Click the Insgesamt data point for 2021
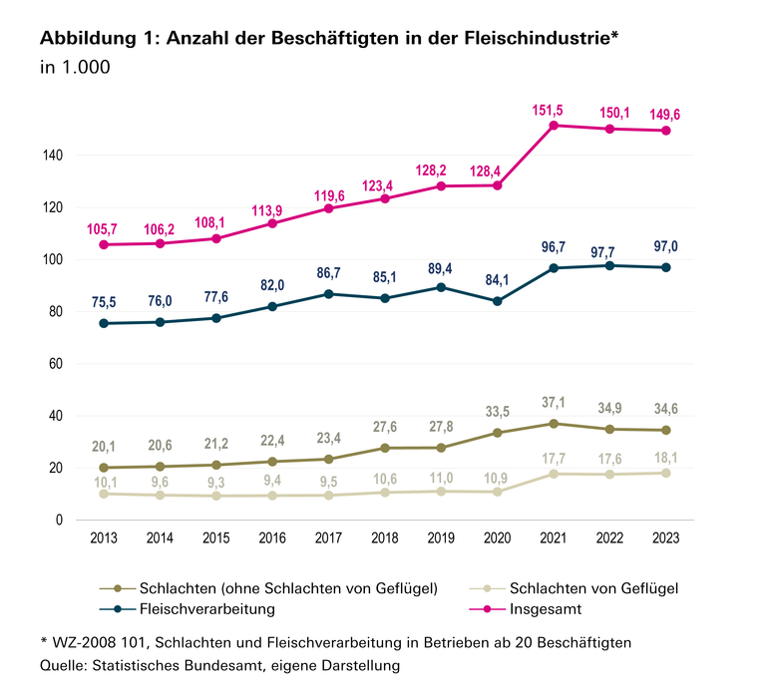[553, 125]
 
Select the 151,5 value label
[553, 108]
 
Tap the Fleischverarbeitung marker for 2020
[497, 301]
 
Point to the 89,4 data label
[441, 270]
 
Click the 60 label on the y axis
[58, 364]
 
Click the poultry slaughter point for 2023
[665, 473]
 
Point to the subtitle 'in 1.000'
[74, 69]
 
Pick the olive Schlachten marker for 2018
[384, 448]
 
